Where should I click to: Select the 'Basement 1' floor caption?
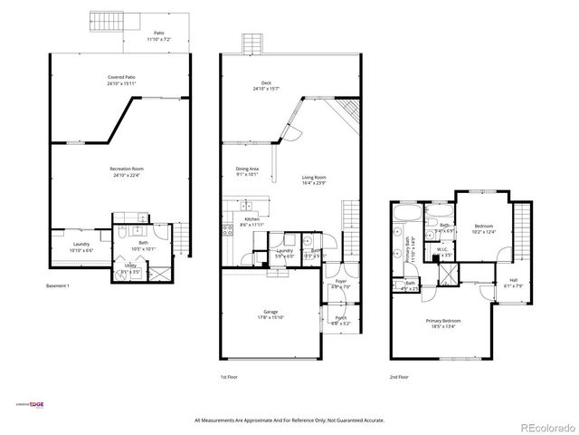point(58,286)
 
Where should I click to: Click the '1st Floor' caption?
point(230,376)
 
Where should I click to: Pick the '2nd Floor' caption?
point(399,376)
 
